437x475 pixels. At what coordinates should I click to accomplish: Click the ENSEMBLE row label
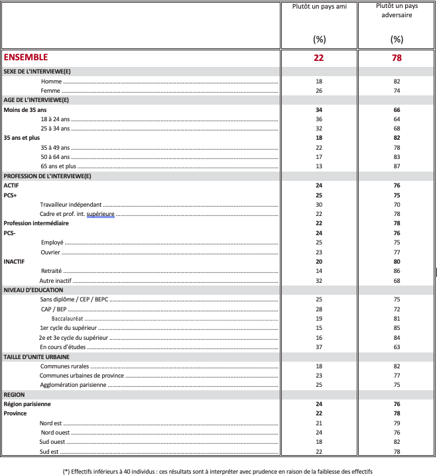[26, 58]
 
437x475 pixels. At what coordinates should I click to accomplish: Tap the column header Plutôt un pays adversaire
[397, 10]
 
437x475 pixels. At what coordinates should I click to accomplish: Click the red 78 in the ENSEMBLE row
[397, 58]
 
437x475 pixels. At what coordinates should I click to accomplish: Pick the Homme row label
[50, 81]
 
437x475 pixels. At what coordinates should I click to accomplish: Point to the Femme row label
[50, 90]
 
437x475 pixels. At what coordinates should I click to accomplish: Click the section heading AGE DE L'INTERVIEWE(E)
[37, 99]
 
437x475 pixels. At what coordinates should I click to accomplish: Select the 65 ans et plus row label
[58, 166]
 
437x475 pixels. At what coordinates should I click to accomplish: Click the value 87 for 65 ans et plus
[397, 166]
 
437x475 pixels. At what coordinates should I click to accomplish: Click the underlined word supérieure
[100, 214]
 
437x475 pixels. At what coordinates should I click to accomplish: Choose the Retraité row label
[51, 271]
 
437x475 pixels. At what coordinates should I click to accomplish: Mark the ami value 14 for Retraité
[318, 271]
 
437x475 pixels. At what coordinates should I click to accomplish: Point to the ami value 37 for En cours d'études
[318, 346]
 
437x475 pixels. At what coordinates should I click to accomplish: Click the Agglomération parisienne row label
[73, 385]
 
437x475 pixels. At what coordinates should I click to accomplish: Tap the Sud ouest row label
[53, 442]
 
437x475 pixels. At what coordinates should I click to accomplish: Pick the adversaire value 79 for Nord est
[397, 423]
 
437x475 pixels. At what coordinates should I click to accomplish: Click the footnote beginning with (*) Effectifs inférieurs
[218, 471]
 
